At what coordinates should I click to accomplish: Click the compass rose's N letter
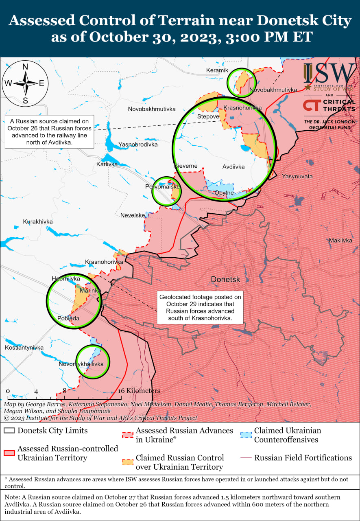[25, 67]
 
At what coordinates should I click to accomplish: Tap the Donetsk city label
[225, 280]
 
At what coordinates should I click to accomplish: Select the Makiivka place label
[340, 241]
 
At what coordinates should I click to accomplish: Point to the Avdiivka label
[233, 167]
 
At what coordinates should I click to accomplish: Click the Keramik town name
[217, 70]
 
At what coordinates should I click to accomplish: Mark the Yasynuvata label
[297, 176]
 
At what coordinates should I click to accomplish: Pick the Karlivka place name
[107, 164]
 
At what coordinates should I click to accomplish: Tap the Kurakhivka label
[38, 221]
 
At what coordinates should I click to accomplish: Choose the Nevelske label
[133, 215]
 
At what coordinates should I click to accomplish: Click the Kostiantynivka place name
[24, 348]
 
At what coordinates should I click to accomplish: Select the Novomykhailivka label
[81, 364]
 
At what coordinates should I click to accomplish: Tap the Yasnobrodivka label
[138, 144]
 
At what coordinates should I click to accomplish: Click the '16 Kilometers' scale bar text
[139, 391]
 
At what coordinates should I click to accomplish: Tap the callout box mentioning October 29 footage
[200, 307]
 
